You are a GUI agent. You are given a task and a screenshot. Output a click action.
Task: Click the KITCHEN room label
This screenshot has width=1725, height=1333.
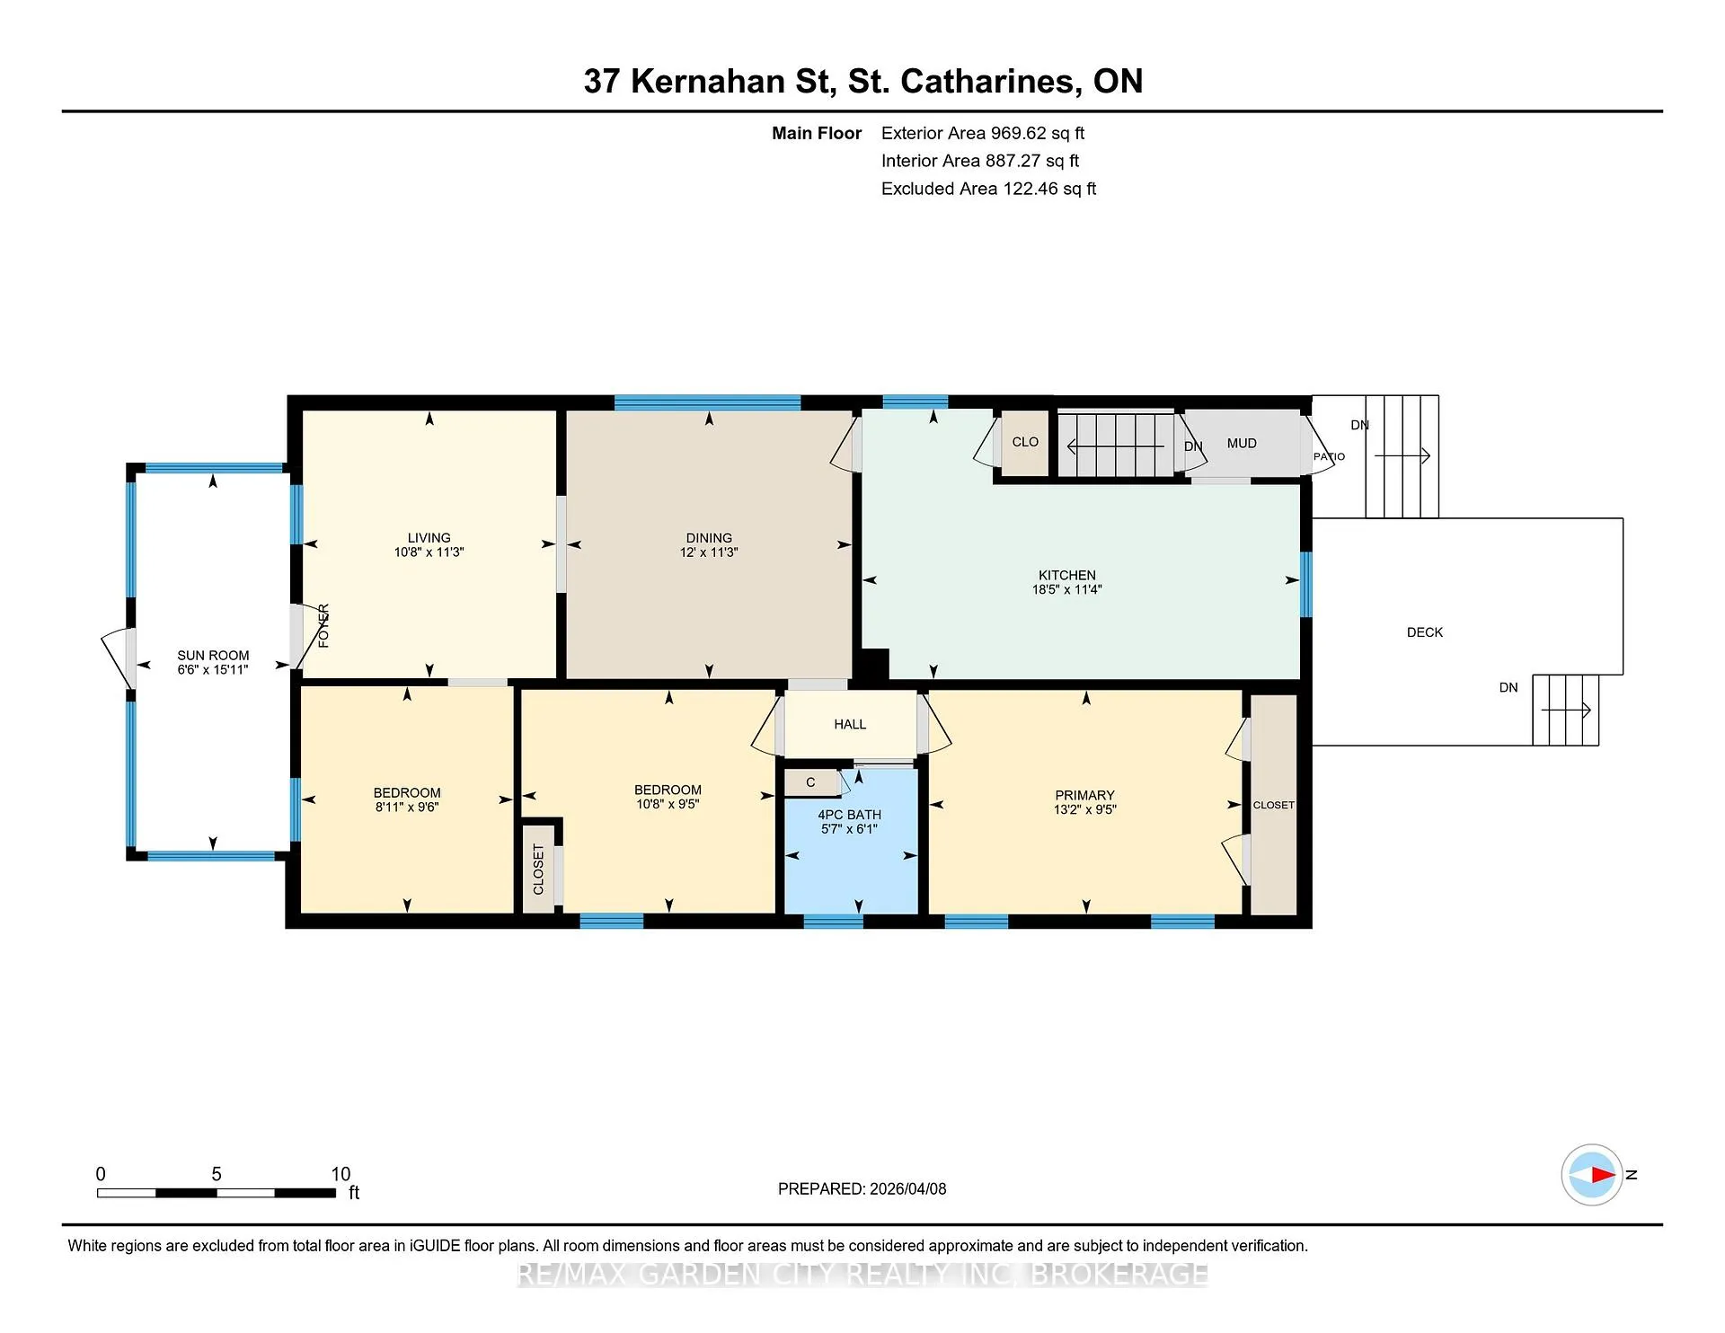[1067, 575]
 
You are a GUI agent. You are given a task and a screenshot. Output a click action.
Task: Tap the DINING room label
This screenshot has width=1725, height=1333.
[709, 538]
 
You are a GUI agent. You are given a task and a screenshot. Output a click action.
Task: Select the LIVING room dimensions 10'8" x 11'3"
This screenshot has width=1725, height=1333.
[429, 552]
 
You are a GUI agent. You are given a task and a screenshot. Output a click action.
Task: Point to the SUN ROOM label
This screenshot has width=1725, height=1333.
[213, 656]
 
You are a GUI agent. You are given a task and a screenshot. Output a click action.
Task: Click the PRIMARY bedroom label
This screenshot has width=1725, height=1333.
[1084, 795]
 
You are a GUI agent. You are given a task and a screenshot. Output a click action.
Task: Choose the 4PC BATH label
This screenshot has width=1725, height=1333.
[849, 815]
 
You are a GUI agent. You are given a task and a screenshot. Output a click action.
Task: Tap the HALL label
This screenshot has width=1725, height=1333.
[850, 724]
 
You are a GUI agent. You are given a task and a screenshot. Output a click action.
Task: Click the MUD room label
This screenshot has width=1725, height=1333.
[1242, 443]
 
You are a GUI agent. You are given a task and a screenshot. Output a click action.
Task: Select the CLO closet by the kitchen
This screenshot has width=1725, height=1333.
[1025, 442]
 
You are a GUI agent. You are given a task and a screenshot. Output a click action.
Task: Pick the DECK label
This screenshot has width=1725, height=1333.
[1425, 632]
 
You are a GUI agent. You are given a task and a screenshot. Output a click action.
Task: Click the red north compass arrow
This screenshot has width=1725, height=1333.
[1602, 1174]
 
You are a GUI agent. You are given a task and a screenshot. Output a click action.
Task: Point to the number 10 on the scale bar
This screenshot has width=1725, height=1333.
[341, 1174]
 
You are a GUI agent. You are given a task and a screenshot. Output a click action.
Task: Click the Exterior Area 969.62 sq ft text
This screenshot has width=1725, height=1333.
[983, 133]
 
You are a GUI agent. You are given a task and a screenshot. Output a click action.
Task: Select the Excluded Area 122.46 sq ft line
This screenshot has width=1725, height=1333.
[988, 189]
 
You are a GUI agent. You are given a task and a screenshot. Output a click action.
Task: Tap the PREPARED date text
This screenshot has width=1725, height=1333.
[862, 1188]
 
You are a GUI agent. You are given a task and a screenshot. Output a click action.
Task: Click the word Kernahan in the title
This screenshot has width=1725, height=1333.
[708, 81]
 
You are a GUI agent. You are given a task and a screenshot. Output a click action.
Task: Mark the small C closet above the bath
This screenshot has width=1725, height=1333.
[810, 782]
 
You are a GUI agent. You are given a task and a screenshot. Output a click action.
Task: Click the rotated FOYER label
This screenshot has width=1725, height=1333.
[323, 626]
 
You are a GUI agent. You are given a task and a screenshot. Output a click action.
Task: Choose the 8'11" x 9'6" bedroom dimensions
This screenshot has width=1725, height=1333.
[407, 808]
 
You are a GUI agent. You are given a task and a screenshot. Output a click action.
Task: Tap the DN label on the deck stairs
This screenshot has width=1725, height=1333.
[1508, 687]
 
